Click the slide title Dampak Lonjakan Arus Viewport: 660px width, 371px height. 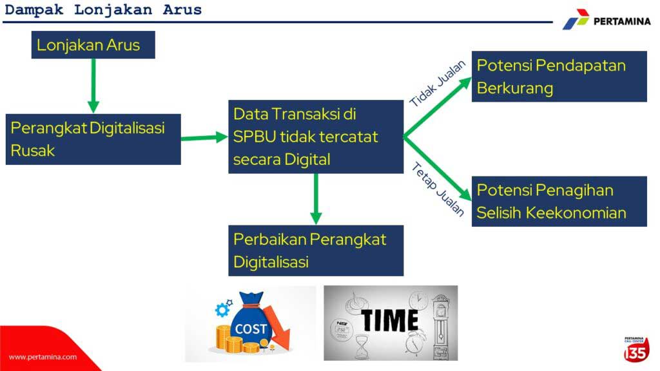[104, 10]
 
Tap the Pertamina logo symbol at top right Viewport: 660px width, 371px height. [576, 19]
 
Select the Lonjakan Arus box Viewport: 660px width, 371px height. [93, 44]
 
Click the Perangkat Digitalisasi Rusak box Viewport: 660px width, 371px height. [93, 139]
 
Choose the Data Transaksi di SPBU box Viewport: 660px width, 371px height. [316, 137]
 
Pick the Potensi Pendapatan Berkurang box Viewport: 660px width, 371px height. [559, 77]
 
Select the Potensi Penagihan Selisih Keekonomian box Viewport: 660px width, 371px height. [559, 202]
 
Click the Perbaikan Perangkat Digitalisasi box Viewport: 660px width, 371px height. [316, 251]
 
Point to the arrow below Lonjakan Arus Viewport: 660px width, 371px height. [93, 86]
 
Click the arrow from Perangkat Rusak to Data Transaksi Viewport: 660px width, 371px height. [204, 138]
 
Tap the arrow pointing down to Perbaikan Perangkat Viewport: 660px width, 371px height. [316, 199]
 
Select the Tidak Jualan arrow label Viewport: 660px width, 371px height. [438, 83]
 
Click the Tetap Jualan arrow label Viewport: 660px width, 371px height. [438, 189]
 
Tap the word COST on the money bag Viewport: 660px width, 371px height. [251, 328]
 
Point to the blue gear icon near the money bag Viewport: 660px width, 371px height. [222, 310]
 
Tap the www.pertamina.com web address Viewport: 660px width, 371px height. [43, 357]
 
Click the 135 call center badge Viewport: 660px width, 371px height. [636, 349]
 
